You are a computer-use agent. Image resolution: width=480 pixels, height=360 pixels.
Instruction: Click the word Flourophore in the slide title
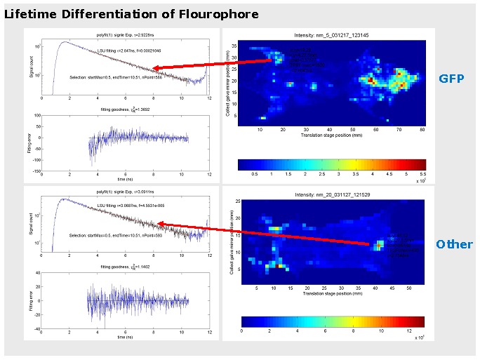[222, 14]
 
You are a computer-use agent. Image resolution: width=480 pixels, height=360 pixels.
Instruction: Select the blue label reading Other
[454, 244]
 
